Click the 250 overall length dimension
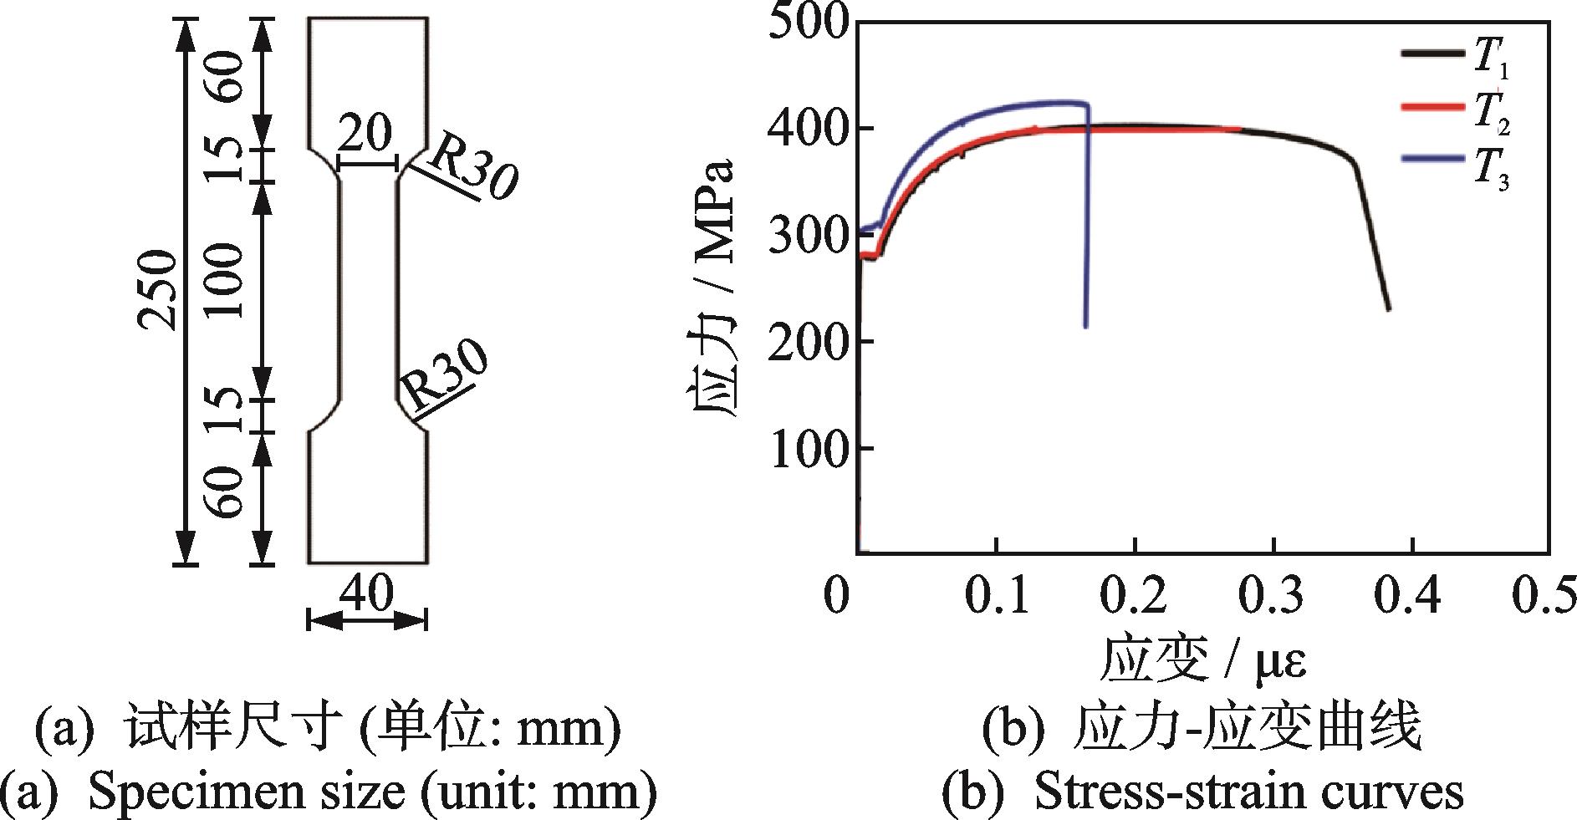point(158,289)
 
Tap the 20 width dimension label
point(365,134)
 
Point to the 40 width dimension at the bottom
point(366,594)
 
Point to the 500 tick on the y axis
point(807,20)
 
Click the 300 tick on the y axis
point(807,235)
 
